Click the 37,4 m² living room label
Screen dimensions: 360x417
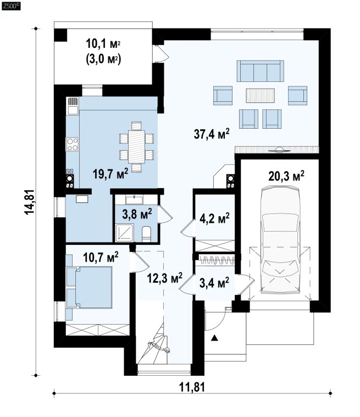[x=212, y=134]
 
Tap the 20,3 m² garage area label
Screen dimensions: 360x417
[x=286, y=175]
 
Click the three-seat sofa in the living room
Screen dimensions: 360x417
[x=260, y=71]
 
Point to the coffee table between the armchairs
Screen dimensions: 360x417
[x=260, y=95]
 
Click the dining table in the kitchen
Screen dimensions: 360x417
[x=136, y=146]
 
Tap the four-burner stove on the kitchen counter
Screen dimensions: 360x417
[x=72, y=144]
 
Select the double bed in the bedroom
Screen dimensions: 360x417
[x=93, y=287]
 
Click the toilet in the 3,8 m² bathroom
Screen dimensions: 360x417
[x=146, y=234]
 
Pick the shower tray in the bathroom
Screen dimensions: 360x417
[x=124, y=233]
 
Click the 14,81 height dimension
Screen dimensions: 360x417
[x=29, y=201]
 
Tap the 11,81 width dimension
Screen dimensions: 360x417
[x=192, y=387]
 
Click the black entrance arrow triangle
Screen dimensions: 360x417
[x=214, y=338]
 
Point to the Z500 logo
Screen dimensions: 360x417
[x=11, y=6]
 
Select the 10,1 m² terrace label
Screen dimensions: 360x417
[x=103, y=43]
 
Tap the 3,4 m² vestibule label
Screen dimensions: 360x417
[x=214, y=283]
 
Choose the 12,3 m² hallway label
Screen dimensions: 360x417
[x=164, y=278]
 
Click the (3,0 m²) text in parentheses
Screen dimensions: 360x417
[x=103, y=59]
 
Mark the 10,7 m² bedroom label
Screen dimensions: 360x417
[x=101, y=257]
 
